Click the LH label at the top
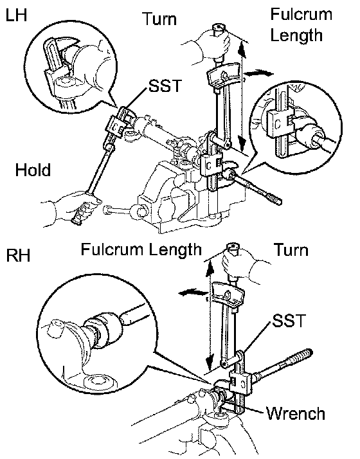tap(16, 15)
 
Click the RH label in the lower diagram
tap(18, 255)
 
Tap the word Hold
tap(33, 170)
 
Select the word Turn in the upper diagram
tap(159, 19)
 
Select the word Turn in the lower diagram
tap(291, 250)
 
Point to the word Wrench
tap(296, 413)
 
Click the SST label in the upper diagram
tap(165, 85)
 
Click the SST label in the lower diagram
tap(289, 321)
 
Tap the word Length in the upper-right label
tap(296, 36)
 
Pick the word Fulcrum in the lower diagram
tap(113, 249)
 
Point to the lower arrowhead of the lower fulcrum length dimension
tap(210, 363)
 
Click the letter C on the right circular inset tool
tap(278, 124)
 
